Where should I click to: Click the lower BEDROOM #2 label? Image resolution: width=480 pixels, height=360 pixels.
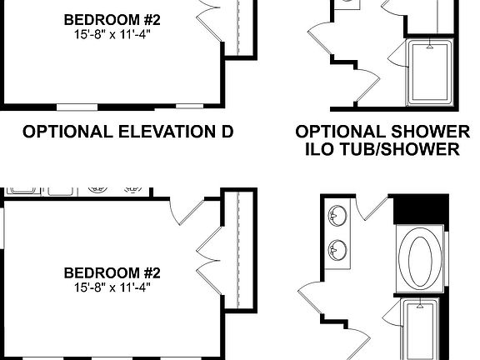tap(112, 272)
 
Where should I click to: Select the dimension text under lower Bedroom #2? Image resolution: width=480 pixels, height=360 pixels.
tap(112, 287)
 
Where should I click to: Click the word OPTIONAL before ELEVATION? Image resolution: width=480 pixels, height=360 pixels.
tap(63, 132)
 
